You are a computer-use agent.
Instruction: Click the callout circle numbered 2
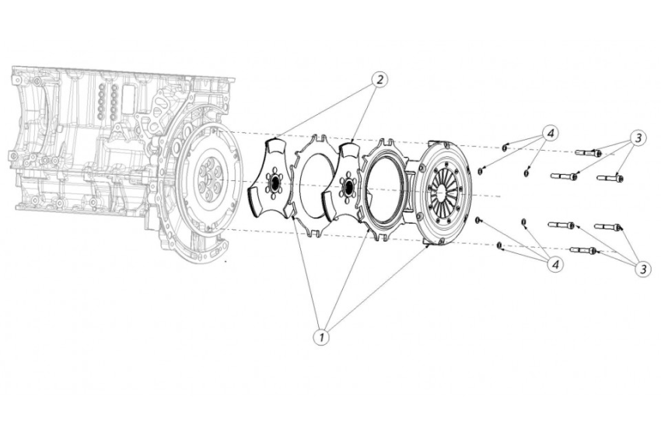pyautogui.click(x=379, y=80)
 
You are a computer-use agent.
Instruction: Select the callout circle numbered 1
pyautogui.click(x=320, y=337)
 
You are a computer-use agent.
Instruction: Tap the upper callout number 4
pyautogui.click(x=550, y=134)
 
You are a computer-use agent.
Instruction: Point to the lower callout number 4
pyautogui.click(x=555, y=265)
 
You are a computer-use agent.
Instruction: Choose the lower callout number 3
pyautogui.click(x=642, y=269)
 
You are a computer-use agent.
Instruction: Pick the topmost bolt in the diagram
pyautogui.click(x=588, y=153)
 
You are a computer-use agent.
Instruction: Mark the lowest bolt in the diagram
pyautogui.click(x=582, y=250)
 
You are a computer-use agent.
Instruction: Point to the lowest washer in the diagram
pyautogui.click(x=498, y=246)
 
